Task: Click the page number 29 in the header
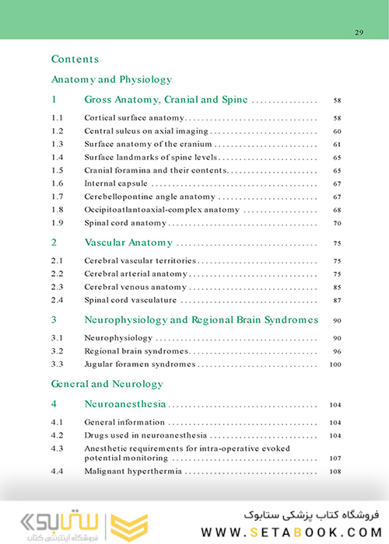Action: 359,32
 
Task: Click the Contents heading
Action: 75,59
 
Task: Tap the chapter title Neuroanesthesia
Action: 125,404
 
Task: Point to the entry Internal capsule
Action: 116,183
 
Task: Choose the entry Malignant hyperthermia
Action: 134,472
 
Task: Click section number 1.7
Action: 57,197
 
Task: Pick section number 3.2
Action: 57,351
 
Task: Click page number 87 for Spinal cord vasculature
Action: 336,300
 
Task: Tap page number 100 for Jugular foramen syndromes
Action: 335,364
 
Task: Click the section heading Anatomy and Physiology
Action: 111,79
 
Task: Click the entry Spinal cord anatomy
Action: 125,223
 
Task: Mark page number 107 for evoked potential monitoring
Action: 335,459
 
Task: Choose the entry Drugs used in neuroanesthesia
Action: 140,435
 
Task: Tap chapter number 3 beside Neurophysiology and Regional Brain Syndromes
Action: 54,319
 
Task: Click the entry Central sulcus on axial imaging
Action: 146,131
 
